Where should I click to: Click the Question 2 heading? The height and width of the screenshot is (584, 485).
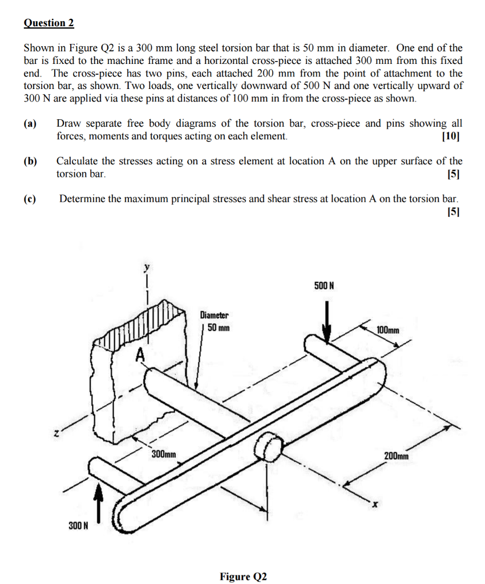49,23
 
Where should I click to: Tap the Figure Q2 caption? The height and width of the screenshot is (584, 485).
243,576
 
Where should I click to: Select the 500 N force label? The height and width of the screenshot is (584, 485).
324,285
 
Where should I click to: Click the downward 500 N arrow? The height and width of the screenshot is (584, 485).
327,322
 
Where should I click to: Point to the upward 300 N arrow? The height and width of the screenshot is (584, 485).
100,501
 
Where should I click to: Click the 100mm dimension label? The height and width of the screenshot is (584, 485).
388,330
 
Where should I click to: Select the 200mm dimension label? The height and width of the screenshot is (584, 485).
396,456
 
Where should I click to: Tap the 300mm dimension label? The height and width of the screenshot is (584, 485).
164,455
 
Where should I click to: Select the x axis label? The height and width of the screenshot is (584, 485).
375,504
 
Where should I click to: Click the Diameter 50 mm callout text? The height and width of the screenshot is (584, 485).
215,322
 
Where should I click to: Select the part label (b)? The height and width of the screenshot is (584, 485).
30,161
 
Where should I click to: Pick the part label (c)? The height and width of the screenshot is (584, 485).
30,199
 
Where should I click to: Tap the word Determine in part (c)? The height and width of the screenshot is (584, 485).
82,199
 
